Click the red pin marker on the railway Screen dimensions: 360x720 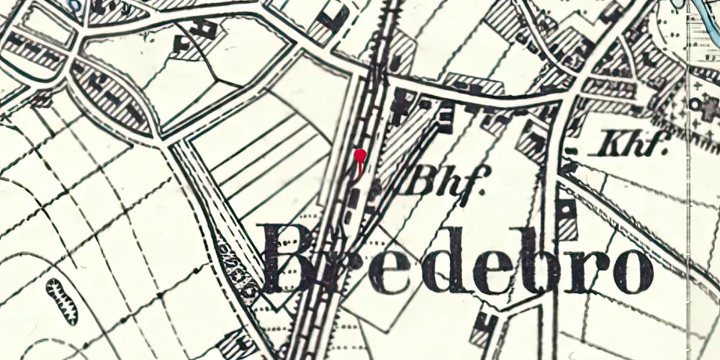click(x=360, y=155)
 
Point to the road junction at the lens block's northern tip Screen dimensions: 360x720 click(x=79, y=50)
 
